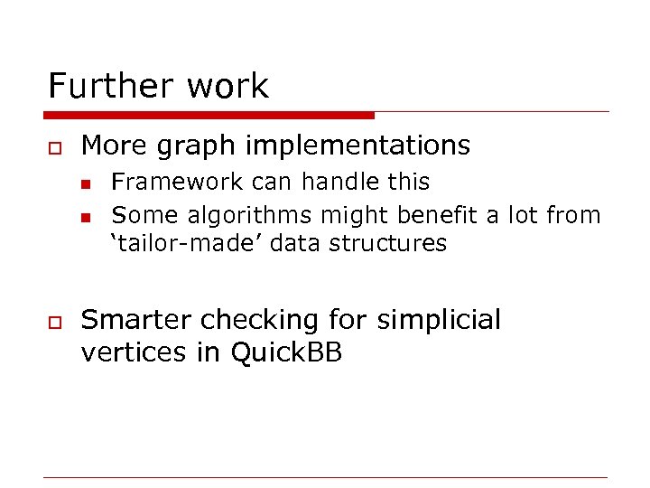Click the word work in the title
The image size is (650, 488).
point(228,87)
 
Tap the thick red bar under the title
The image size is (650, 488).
point(209,116)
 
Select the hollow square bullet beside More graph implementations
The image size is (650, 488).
point(53,145)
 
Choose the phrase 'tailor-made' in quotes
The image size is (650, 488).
point(169,243)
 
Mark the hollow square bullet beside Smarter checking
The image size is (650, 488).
point(53,321)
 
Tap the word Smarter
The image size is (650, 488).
point(136,320)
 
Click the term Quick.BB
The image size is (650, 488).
point(286,352)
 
